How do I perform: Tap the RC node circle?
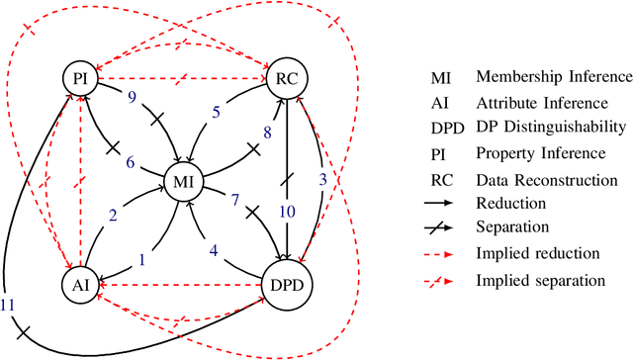click(x=288, y=76)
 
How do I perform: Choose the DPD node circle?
click(x=288, y=286)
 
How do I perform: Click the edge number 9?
click(x=132, y=96)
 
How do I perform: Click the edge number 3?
click(x=321, y=179)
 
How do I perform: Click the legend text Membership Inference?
click(x=553, y=76)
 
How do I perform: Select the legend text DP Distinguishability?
click(x=549, y=128)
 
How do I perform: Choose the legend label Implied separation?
click(x=541, y=281)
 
